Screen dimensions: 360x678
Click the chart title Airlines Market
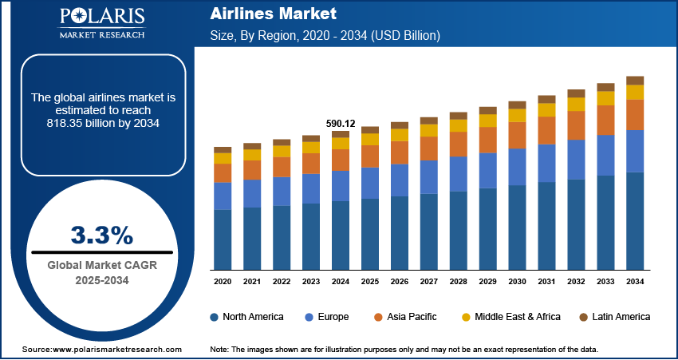(262, 14)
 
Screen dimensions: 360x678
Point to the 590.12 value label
(341, 123)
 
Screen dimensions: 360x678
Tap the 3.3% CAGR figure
(101, 235)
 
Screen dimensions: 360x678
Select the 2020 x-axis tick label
(223, 281)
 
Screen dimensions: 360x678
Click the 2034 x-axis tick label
(635, 281)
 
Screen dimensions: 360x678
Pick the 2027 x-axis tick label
(429, 281)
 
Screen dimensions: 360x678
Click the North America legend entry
(246, 317)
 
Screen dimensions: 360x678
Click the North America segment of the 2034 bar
(635, 220)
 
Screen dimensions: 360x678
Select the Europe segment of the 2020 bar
(223, 196)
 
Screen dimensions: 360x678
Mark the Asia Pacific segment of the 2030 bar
(518, 135)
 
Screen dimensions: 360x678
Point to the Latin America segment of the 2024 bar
(341, 134)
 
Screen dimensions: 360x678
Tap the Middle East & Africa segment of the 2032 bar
(576, 104)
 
